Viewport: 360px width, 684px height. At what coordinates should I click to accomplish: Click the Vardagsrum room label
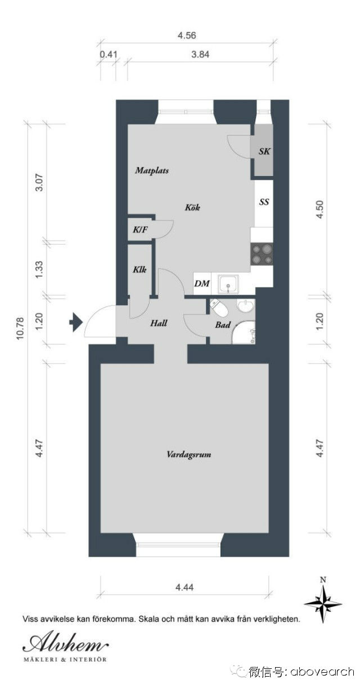[x=188, y=454]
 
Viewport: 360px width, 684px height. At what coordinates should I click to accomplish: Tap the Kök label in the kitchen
[x=192, y=208]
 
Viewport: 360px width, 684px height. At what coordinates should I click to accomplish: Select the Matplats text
[x=152, y=170]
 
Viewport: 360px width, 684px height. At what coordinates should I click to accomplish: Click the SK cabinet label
[x=264, y=151]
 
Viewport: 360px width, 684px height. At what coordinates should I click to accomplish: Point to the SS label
[x=264, y=202]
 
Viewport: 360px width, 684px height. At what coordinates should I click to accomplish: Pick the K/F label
[x=140, y=229]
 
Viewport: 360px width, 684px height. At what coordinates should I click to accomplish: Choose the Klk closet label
[x=139, y=269]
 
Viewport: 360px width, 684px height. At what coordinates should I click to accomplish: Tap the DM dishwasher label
[x=202, y=283]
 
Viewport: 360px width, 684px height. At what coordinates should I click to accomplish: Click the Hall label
[x=159, y=323]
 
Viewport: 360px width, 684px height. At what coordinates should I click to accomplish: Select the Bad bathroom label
[x=223, y=325]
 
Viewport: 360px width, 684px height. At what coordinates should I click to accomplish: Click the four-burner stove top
[x=262, y=254]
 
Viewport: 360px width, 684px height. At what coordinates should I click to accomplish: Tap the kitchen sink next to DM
[x=228, y=284]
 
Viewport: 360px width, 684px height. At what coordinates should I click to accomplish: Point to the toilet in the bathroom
[x=219, y=308]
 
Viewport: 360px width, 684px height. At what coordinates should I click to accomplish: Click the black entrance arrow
[x=76, y=322]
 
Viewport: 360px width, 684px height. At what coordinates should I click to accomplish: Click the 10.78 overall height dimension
[x=20, y=328]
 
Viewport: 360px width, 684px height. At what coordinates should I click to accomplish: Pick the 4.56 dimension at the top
[x=187, y=35]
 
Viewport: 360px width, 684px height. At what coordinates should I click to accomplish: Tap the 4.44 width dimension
[x=184, y=587]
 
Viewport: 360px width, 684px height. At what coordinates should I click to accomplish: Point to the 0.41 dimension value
[x=109, y=55]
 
